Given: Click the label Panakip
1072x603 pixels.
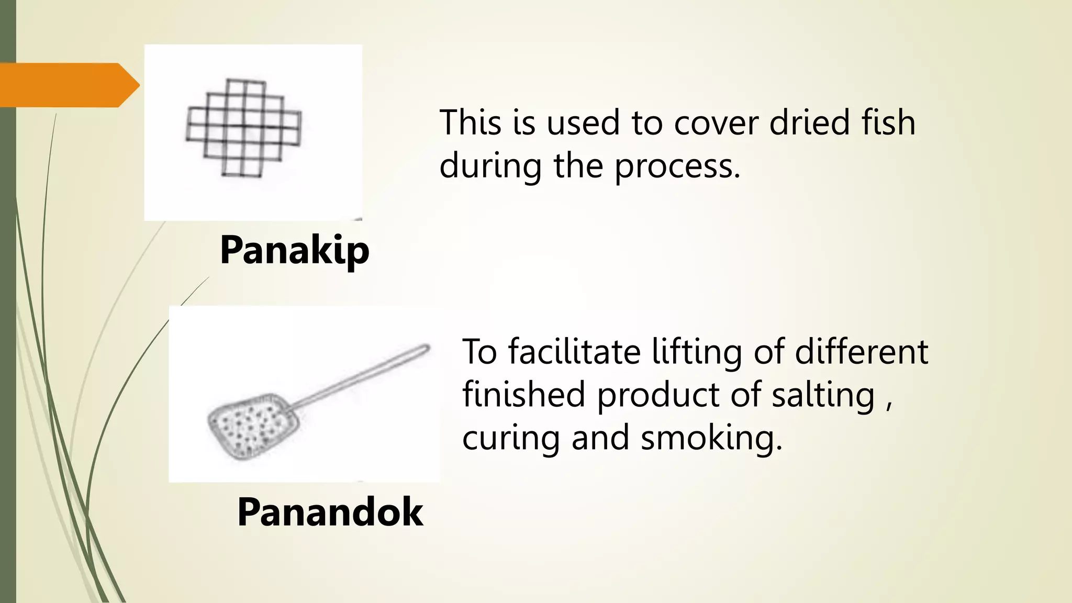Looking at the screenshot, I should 294,250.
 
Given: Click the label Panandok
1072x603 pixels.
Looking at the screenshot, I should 330,512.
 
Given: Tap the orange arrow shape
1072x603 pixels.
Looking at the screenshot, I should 68,85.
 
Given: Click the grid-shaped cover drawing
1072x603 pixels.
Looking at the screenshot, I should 244,128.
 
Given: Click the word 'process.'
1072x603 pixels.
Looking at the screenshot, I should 677,166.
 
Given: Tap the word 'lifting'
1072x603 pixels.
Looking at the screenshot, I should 697,353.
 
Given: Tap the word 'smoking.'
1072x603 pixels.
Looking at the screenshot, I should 711,439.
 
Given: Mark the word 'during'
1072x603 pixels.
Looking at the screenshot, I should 490,166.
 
